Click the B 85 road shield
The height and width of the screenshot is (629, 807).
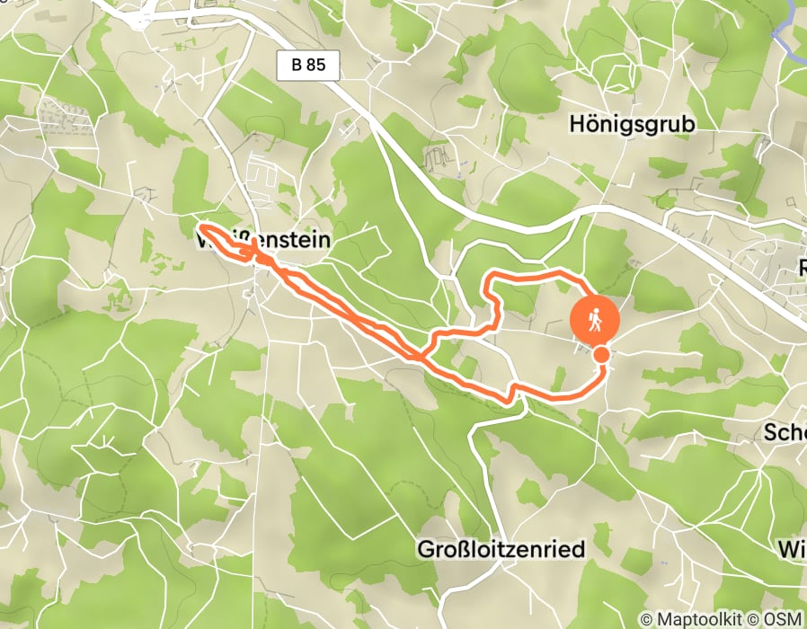click(x=307, y=64)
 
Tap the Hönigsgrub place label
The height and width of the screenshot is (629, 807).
click(x=632, y=125)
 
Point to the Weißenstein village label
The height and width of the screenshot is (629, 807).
click(x=263, y=241)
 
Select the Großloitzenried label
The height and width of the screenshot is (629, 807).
click(x=501, y=549)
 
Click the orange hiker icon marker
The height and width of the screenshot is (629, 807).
click(x=595, y=321)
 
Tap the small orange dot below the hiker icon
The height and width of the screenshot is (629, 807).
click(x=602, y=355)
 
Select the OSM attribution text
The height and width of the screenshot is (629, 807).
click(x=782, y=619)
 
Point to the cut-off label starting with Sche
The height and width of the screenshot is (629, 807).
click(x=785, y=432)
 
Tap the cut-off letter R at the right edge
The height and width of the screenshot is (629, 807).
click(x=802, y=268)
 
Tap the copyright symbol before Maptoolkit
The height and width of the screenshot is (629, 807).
click(x=646, y=619)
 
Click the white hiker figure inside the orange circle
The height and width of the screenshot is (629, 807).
click(x=595, y=321)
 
